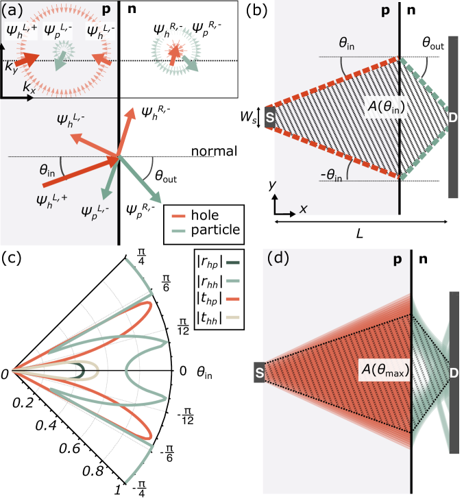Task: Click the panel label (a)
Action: (14, 12)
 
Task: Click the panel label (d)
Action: (280, 258)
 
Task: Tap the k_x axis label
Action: (29, 87)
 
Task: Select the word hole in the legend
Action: (207, 215)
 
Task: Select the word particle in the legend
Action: (216, 230)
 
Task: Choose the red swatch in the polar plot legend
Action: (233, 299)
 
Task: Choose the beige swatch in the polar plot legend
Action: (233, 317)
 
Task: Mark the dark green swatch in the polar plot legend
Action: (233, 262)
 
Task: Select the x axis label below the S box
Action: (303, 209)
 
